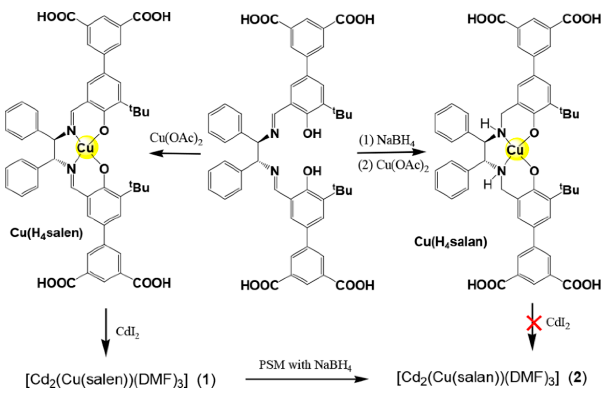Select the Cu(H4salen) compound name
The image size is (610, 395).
[x=47, y=233]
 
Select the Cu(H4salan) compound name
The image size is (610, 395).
[x=450, y=242]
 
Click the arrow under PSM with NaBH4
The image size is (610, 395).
[x=307, y=379]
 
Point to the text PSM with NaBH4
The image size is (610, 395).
[x=305, y=365]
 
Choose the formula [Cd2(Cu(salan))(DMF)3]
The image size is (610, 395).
[x=477, y=378]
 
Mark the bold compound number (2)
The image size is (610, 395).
[x=577, y=378]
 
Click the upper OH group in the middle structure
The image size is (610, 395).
[x=312, y=133]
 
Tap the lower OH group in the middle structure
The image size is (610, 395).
[x=312, y=171]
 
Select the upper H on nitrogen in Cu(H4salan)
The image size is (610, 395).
[x=485, y=124]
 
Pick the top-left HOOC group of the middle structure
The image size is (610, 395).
[x=259, y=19]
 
